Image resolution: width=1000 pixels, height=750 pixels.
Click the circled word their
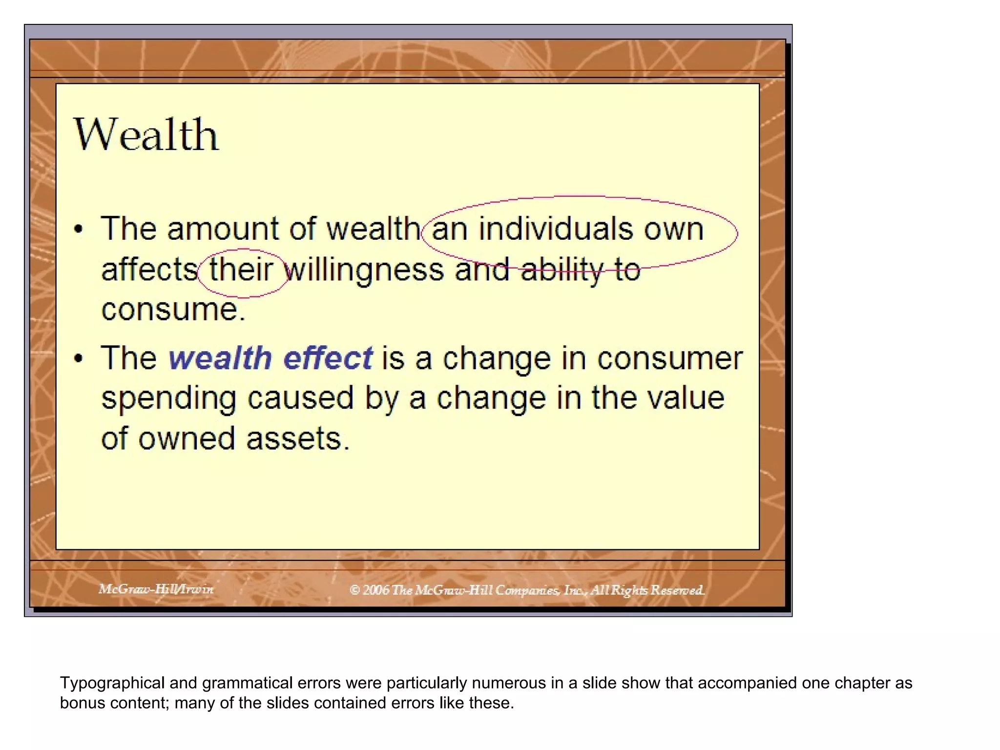point(241,270)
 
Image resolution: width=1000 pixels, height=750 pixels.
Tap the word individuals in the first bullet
point(555,229)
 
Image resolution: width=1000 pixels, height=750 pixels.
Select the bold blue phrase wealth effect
point(271,358)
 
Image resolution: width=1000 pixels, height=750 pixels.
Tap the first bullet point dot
point(79,229)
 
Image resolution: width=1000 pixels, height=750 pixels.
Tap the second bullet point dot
point(79,359)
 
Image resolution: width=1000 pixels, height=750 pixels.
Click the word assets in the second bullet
point(297,438)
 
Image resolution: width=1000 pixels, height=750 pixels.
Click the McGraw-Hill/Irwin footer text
point(156,589)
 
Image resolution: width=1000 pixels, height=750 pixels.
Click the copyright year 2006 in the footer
point(375,590)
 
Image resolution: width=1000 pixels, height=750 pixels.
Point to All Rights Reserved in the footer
point(646,590)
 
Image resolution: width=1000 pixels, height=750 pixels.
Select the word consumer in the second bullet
point(669,358)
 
